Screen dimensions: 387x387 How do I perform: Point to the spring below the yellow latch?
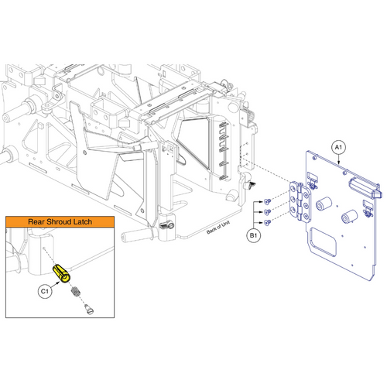(x=75, y=293)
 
